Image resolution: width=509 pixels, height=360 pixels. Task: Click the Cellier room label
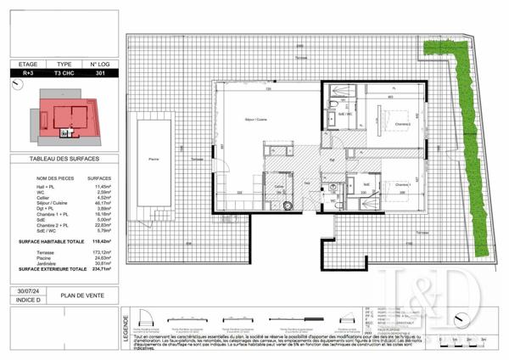coord(277,185)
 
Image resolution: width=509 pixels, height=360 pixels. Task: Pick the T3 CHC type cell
coord(63,74)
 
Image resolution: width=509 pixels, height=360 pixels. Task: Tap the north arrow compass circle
coord(65,133)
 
